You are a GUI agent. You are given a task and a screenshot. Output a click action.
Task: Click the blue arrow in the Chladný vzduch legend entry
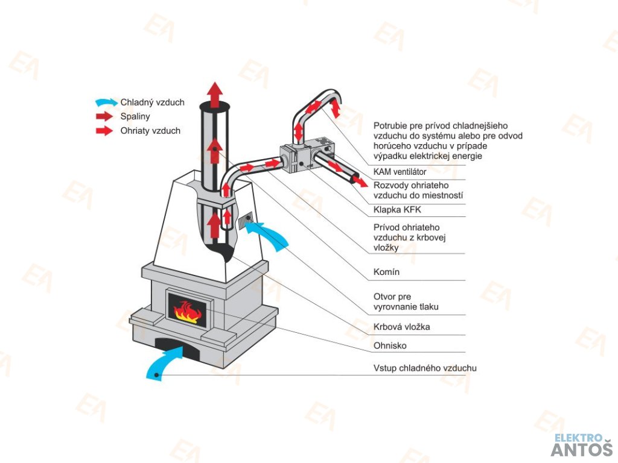click(106, 102)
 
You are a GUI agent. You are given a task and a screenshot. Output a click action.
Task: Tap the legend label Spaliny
click(135, 116)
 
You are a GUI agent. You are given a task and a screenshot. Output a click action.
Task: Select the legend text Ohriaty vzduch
click(150, 130)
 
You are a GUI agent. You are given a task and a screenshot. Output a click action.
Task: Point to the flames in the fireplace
click(187, 312)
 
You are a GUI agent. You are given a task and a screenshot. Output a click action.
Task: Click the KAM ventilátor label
click(400, 172)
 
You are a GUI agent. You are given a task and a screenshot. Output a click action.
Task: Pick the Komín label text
click(386, 272)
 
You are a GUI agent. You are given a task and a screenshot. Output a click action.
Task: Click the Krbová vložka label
click(401, 327)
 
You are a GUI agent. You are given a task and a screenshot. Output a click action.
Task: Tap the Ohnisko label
click(389, 345)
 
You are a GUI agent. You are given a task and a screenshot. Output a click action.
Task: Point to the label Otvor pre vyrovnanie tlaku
click(406, 302)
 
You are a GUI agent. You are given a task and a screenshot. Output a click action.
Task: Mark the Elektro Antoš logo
click(581, 444)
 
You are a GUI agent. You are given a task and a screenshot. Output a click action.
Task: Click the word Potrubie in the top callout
click(390, 126)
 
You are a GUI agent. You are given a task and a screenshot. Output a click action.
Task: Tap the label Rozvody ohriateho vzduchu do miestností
click(418, 190)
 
